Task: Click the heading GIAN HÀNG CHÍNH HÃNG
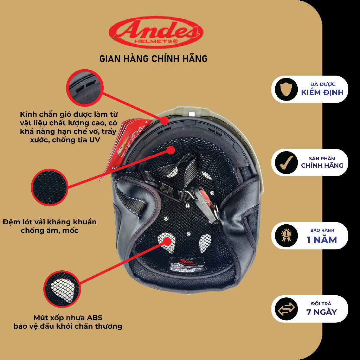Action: (153, 58)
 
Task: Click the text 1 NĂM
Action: (321, 240)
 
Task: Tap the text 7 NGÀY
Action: (321, 312)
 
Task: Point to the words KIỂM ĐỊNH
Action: (322, 92)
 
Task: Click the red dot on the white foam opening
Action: (168, 241)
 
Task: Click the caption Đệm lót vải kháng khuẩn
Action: (50, 226)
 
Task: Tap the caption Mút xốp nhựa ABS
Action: (68, 322)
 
